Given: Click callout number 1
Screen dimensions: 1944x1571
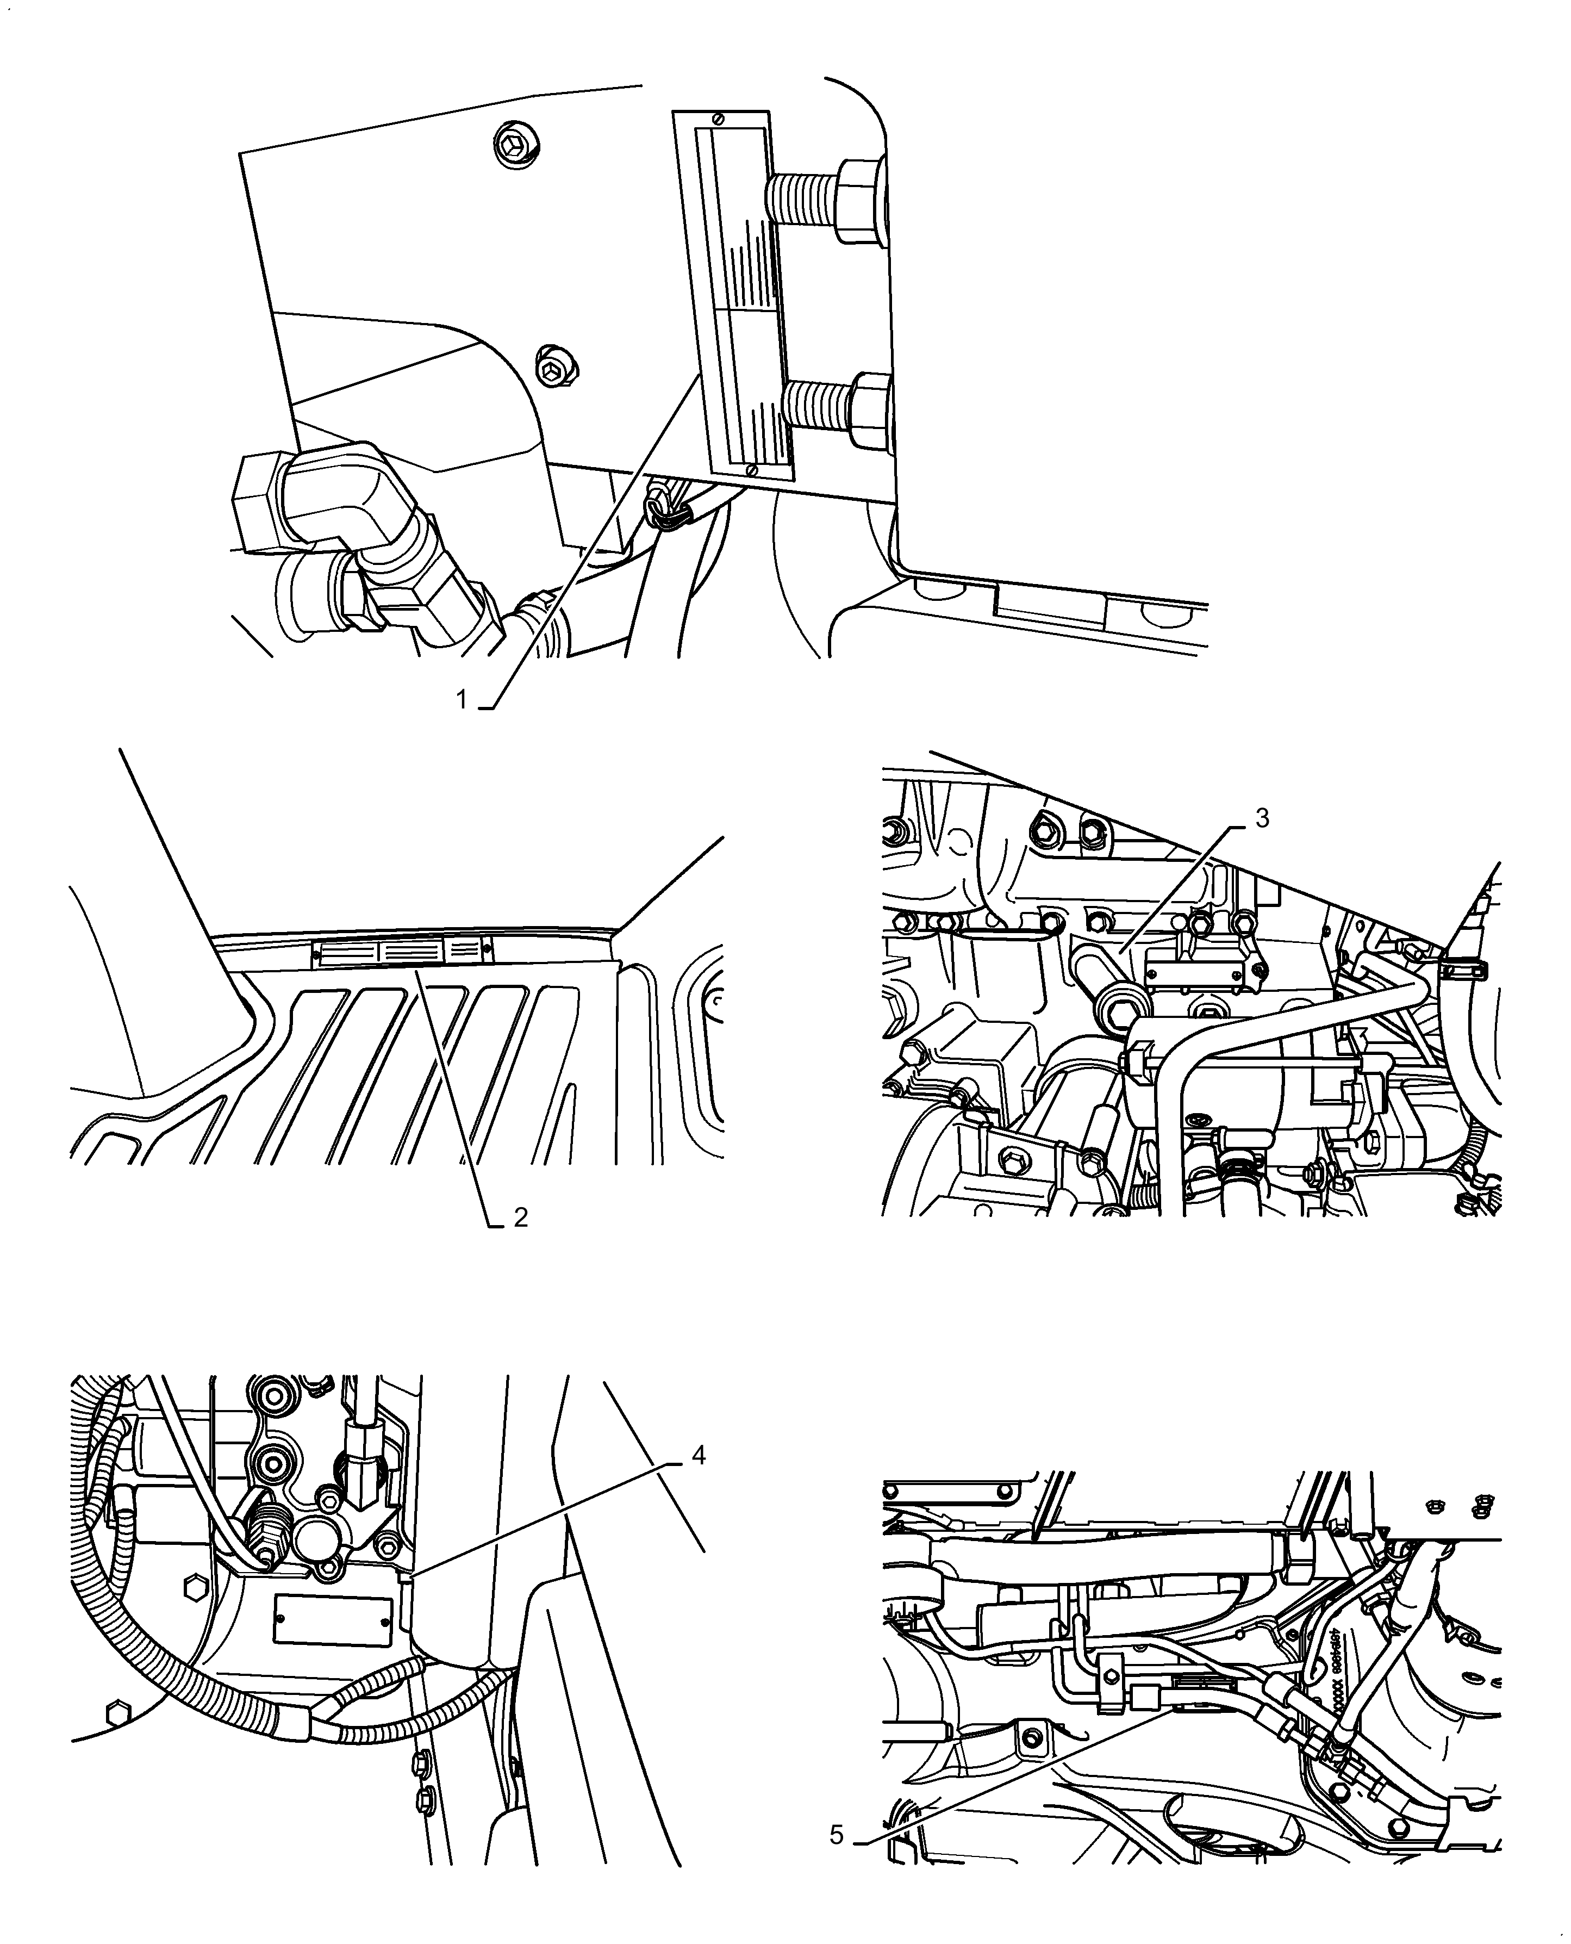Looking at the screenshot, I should [x=460, y=700].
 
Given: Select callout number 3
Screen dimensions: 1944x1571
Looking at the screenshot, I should [x=1262, y=818].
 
